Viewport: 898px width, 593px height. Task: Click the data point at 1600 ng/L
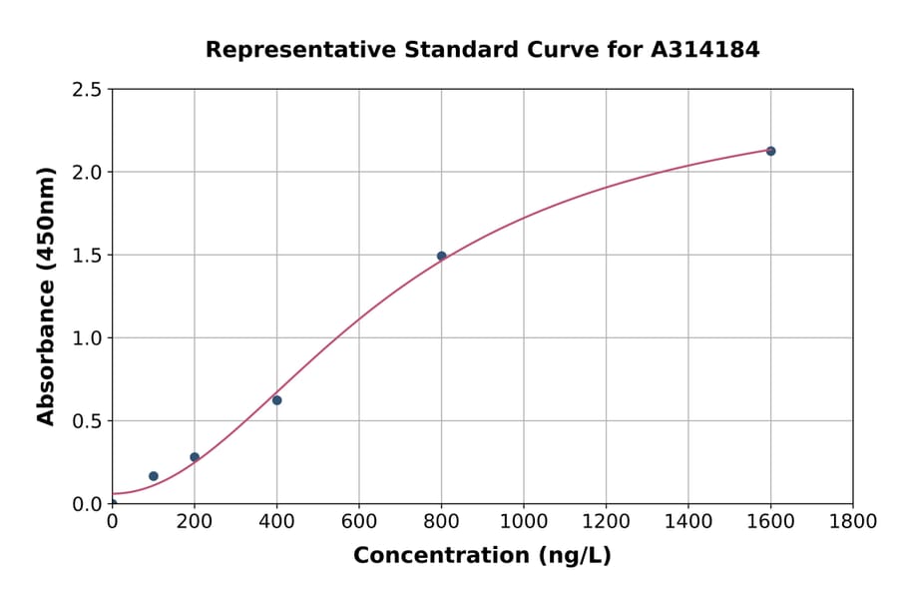[770, 151]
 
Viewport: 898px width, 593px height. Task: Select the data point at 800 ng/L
[441, 256]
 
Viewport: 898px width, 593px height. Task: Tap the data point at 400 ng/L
[276, 400]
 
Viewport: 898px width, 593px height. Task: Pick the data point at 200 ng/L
[195, 457]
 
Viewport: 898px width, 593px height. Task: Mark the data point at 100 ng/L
[154, 476]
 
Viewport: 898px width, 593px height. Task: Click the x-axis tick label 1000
[524, 521]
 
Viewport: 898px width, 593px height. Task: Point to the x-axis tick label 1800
[853, 521]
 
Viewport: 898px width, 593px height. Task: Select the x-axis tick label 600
[359, 521]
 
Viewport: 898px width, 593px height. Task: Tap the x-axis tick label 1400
[688, 521]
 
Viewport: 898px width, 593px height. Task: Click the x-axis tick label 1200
[606, 521]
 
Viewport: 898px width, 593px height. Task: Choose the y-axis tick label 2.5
[88, 90]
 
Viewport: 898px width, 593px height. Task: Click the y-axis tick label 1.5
[88, 256]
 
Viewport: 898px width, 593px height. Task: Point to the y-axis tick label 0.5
[88, 421]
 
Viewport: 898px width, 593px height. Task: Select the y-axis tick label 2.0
[88, 173]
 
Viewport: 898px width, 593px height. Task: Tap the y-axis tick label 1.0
[88, 338]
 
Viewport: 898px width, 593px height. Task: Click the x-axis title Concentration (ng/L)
[482, 556]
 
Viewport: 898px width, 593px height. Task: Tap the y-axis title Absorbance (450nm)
[46, 296]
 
